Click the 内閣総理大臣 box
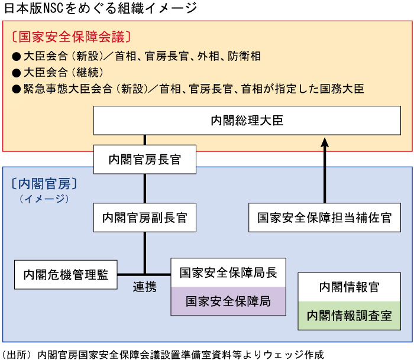click(247, 121)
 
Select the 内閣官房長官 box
click(145, 160)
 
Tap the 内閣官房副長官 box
click(145, 218)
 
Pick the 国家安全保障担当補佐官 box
click(324, 218)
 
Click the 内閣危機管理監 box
click(66, 274)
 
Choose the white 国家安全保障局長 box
click(228, 273)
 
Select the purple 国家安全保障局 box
click(228, 301)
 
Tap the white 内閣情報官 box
click(348, 287)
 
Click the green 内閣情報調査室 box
click(348, 316)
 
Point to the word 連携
click(145, 287)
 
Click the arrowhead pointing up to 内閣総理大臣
click(325, 142)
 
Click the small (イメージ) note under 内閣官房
click(44, 199)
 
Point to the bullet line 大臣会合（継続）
click(58, 73)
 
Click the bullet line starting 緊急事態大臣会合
click(188, 89)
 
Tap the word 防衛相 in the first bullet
click(245, 56)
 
